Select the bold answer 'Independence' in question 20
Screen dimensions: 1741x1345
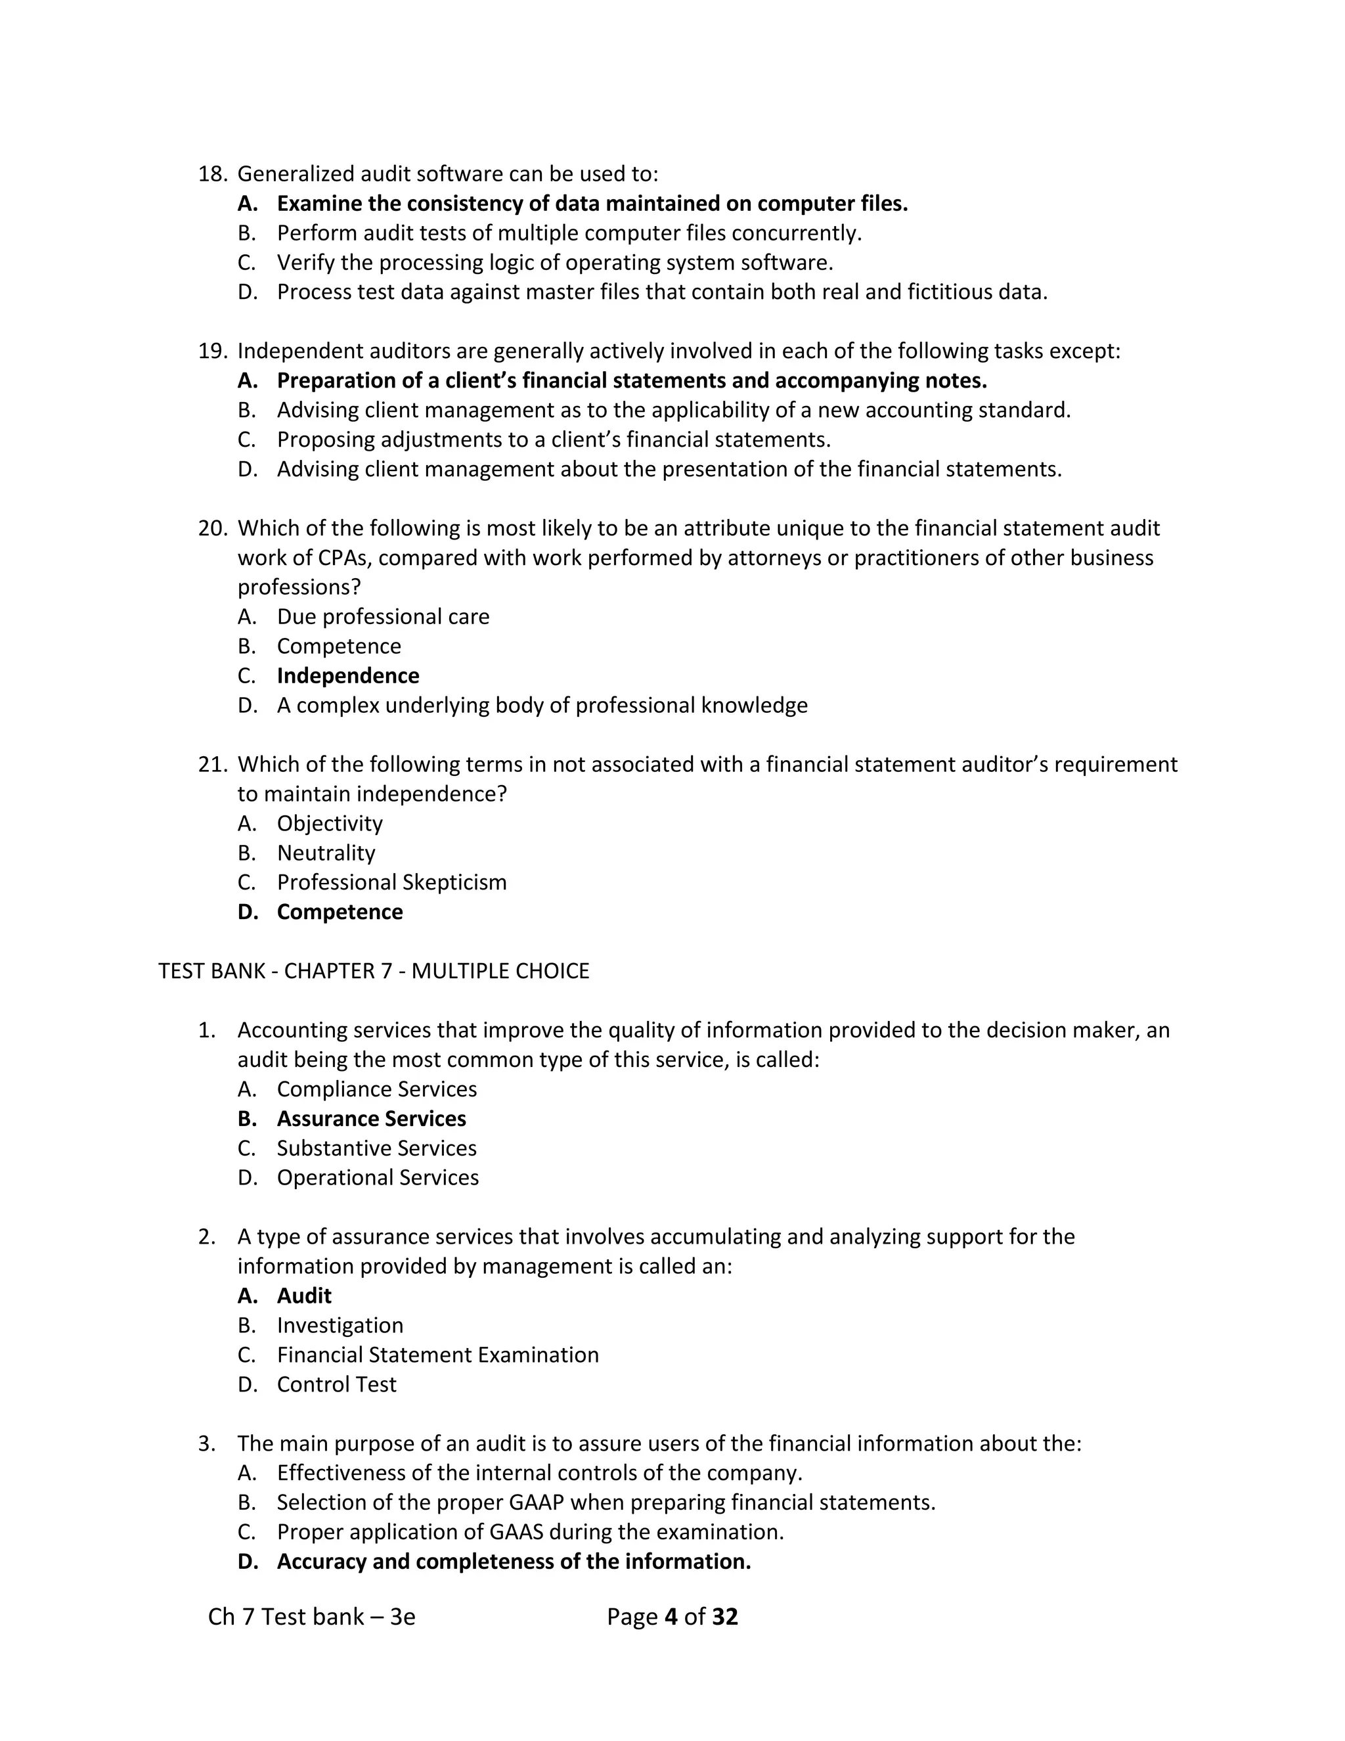347,676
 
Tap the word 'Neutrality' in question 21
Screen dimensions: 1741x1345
326,853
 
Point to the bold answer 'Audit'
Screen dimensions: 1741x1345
304,1296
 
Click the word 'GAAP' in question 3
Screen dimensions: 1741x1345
537,1502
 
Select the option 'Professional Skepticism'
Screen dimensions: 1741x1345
391,882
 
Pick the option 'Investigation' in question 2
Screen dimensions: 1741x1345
340,1325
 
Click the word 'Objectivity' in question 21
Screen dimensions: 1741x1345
330,823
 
